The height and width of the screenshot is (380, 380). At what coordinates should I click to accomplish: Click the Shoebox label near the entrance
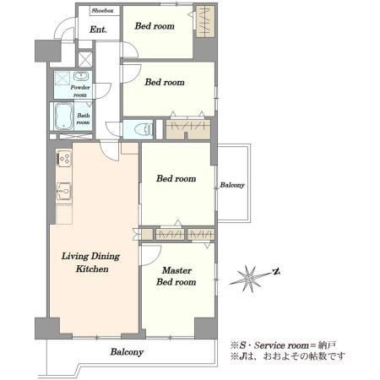point(102,11)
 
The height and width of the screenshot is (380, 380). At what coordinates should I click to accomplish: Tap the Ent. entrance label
point(98,30)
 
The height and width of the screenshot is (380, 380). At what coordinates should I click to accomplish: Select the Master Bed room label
point(176,276)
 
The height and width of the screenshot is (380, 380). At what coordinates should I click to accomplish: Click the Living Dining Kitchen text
point(91,263)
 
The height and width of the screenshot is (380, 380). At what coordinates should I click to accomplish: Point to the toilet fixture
point(144,130)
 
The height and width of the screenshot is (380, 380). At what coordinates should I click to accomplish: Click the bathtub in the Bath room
point(64,117)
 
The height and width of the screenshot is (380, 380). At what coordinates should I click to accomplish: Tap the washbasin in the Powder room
point(81,76)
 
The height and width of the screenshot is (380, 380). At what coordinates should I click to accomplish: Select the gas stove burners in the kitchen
point(64,159)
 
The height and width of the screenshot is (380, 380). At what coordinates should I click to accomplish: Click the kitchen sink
point(64,191)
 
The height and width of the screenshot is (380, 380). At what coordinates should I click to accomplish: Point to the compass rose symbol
point(249,279)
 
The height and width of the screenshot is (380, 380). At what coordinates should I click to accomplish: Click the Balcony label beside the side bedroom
point(232,185)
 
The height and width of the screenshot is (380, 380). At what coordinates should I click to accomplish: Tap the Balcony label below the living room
point(127,352)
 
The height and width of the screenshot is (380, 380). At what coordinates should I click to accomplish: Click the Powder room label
point(80,91)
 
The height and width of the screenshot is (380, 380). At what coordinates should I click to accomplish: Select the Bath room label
point(84,119)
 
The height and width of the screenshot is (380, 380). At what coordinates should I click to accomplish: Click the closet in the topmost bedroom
point(205,21)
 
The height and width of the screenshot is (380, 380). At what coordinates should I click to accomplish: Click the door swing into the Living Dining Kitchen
point(110,152)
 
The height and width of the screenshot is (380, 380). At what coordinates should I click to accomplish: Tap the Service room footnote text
point(284,345)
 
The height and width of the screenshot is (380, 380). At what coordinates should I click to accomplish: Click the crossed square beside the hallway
point(85,59)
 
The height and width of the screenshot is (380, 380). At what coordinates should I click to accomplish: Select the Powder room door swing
point(102,91)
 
